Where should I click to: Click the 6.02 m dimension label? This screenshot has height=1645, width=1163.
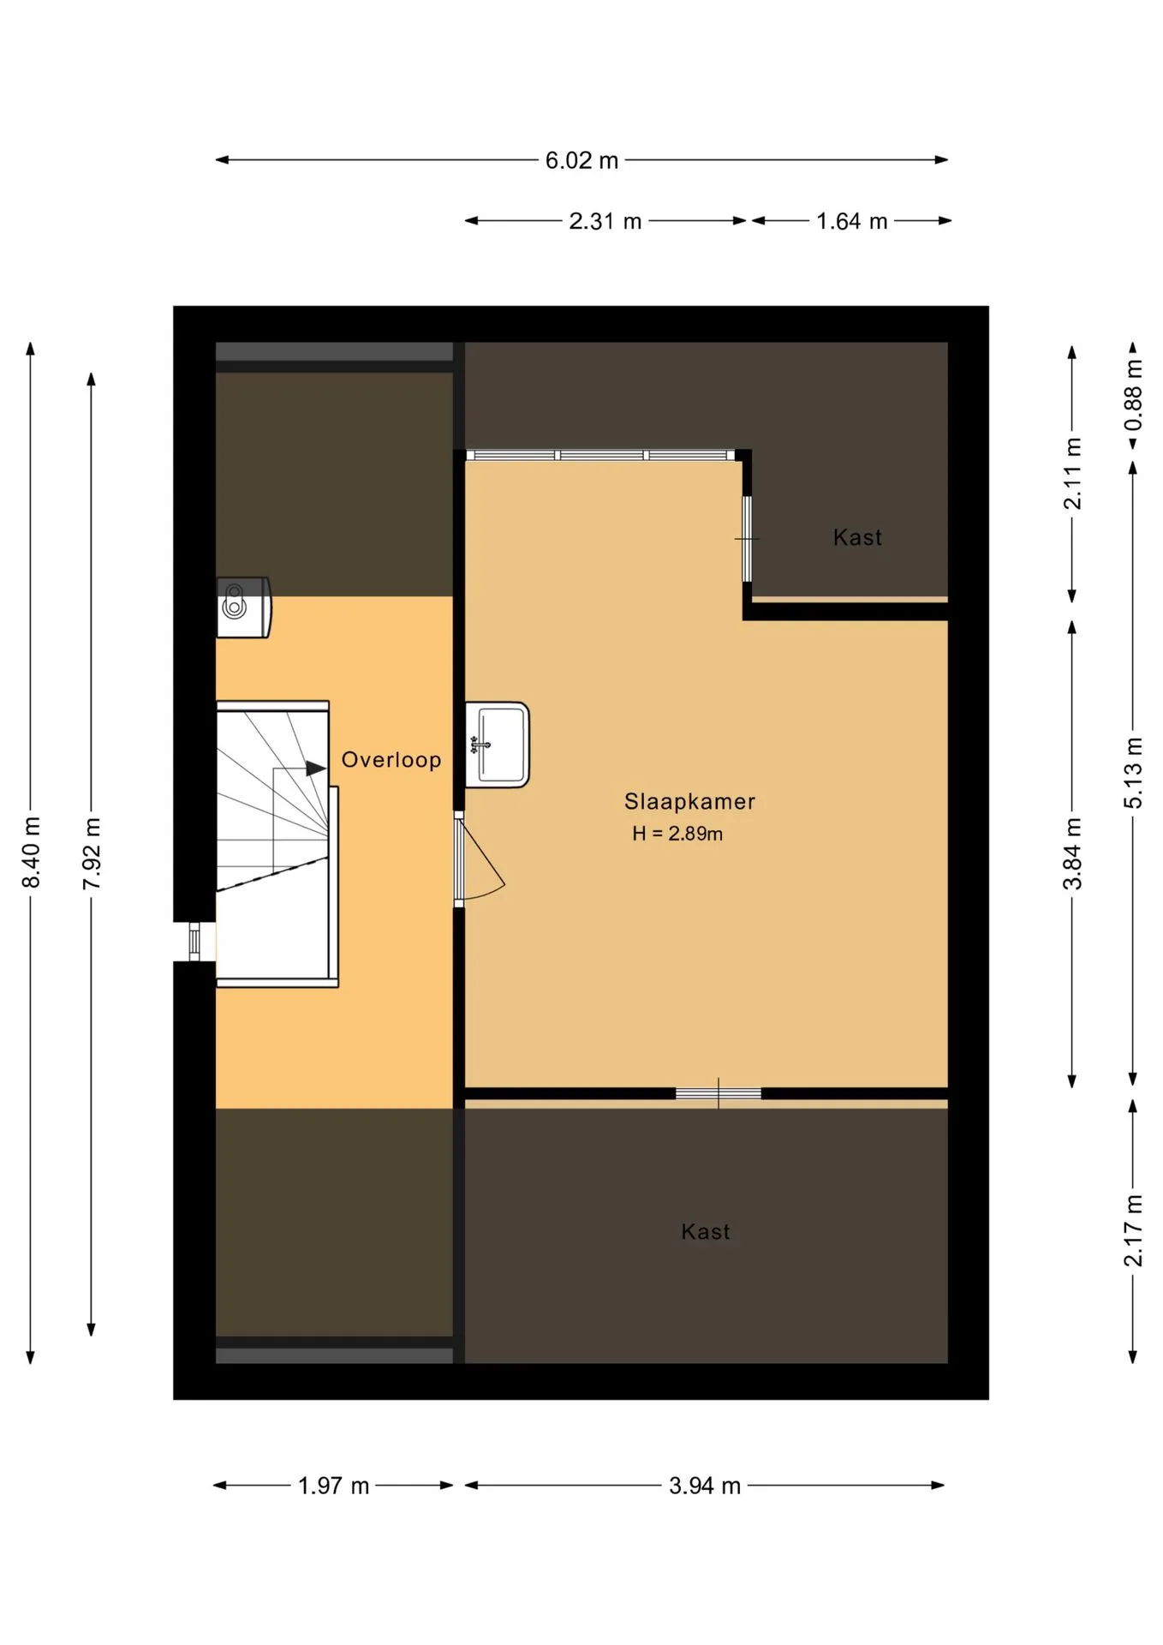coord(581,160)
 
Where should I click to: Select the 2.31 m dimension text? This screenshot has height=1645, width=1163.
coord(605,221)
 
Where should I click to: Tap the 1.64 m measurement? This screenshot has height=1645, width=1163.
coord(851,221)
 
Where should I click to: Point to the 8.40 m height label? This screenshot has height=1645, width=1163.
coord(31,852)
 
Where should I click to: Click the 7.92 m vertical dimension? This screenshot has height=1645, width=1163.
coord(92,852)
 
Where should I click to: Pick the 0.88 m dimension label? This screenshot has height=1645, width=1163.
coord(1133,395)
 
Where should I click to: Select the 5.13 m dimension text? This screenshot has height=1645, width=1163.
coord(1133,772)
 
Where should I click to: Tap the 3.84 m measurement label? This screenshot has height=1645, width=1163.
coord(1072,853)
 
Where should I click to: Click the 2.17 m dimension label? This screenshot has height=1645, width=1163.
coord(1133,1230)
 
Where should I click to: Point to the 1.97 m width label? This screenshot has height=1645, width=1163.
coord(333,1486)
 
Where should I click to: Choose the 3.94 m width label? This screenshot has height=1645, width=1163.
coord(705,1486)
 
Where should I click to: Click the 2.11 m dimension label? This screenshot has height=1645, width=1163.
coord(1072,474)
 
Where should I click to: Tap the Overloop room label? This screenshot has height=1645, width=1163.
coord(391,760)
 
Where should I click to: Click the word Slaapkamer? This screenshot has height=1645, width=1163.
coord(689,802)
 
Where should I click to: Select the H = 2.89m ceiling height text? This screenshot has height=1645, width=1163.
coord(677,834)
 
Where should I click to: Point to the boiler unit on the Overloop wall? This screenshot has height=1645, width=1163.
coord(243,607)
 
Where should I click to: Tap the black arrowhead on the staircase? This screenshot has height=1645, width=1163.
coord(316,769)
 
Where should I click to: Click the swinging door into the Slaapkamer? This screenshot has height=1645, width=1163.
coord(480,859)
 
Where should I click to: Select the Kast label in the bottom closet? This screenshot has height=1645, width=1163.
coord(706,1232)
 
